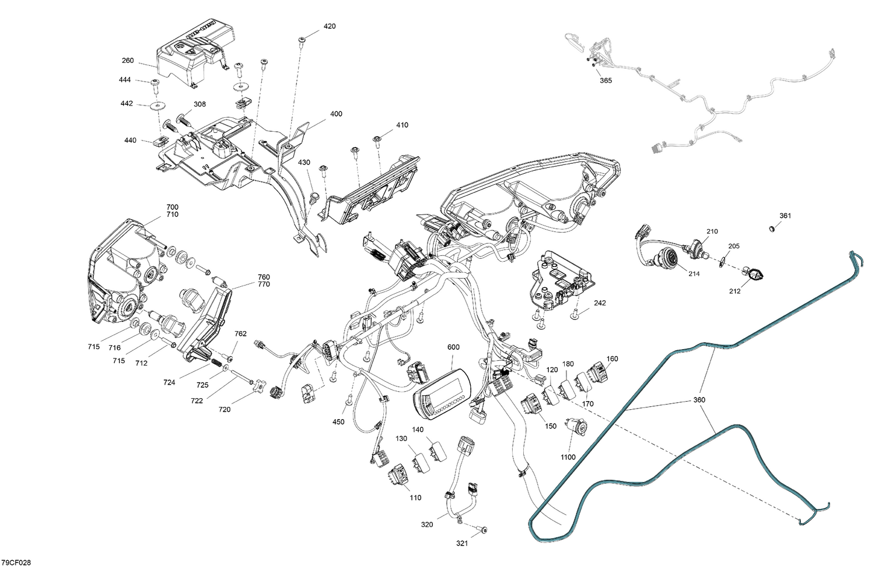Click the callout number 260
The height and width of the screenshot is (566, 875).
pyautogui.click(x=128, y=61)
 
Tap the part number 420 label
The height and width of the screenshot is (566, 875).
pyautogui.click(x=330, y=26)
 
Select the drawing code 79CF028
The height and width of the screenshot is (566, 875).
pyautogui.click(x=16, y=562)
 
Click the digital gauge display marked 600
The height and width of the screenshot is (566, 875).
pyautogui.click(x=442, y=394)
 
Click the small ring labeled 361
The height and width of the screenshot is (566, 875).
pyautogui.click(x=772, y=228)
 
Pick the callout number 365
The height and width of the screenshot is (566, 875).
pyautogui.click(x=606, y=81)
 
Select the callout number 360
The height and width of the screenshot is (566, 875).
pyautogui.click(x=699, y=400)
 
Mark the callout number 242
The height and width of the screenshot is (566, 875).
pyautogui.click(x=600, y=303)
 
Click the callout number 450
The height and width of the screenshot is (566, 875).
pyautogui.click(x=338, y=421)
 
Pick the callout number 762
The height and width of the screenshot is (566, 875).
pyautogui.click(x=240, y=333)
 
